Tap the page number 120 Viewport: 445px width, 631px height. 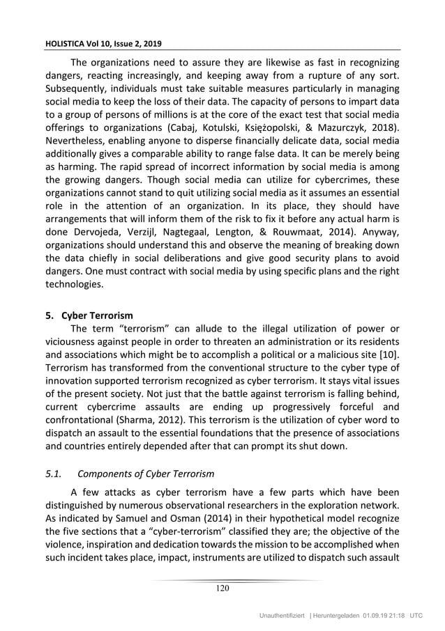[222, 589]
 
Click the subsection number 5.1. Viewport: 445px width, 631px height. [52, 474]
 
